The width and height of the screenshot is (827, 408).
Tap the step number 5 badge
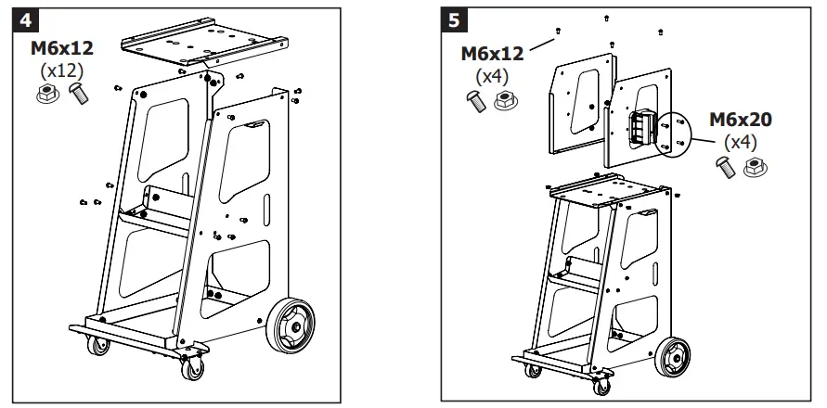coord(453,20)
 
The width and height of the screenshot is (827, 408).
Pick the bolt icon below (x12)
coord(77,94)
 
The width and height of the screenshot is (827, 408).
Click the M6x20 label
coord(741,121)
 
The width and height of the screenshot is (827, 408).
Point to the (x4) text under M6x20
coord(740,143)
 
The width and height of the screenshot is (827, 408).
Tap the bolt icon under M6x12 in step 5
coord(476,99)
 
